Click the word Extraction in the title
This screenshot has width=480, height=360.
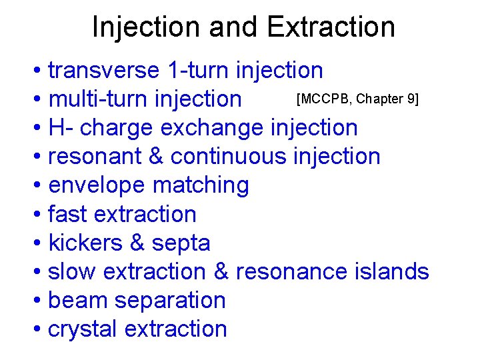(x=331, y=27)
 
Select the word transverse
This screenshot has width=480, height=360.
(x=104, y=70)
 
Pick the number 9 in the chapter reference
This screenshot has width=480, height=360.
(x=411, y=99)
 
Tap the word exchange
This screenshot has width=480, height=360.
(x=215, y=128)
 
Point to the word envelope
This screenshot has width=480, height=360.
(x=98, y=185)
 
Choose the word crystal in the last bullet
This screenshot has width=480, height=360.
(x=83, y=329)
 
